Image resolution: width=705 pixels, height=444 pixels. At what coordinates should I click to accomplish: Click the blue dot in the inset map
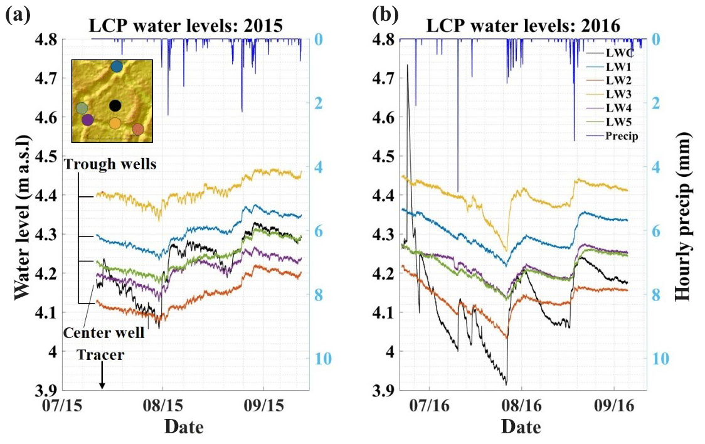click(117, 66)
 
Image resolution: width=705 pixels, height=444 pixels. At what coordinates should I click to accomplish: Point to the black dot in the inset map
click(115, 105)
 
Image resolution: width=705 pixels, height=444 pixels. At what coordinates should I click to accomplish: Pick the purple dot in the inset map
click(87, 119)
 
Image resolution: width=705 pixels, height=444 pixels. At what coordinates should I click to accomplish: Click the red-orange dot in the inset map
click(138, 129)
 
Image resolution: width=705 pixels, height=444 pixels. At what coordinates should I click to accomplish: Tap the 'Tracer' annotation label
click(101, 355)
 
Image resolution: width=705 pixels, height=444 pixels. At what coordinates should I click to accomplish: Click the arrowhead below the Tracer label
click(102, 386)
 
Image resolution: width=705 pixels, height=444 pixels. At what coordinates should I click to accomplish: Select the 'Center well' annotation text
click(104, 332)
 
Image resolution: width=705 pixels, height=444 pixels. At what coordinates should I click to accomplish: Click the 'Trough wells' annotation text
click(110, 164)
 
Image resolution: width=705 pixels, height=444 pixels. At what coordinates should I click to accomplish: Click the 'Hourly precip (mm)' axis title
click(684, 216)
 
